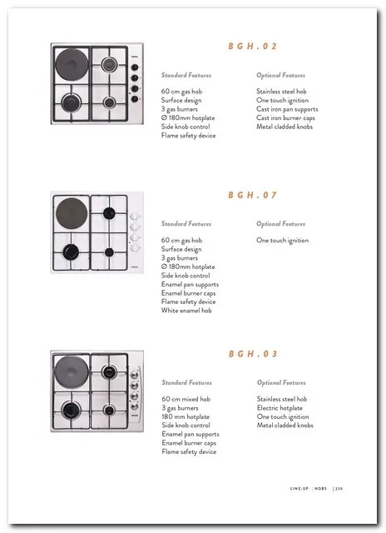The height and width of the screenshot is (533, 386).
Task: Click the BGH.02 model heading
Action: [x=253, y=47]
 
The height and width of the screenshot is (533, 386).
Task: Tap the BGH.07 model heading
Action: [x=253, y=195]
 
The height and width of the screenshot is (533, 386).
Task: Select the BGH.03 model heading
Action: [x=253, y=354]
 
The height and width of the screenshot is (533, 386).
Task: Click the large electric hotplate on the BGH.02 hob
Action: [x=72, y=65]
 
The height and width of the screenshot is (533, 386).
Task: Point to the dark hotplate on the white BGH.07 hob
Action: [x=72, y=213]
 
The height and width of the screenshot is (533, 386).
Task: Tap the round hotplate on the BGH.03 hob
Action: [x=72, y=372]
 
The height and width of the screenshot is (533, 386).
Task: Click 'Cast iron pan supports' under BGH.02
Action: [x=287, y=109]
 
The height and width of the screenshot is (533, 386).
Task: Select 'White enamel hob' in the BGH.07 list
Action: [x=186, y=311]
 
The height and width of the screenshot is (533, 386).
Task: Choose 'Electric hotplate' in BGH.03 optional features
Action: [x=280, y=408]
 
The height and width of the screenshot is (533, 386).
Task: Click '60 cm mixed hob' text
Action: [x=186, y=399]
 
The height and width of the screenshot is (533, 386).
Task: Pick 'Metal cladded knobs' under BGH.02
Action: [x=285, y=127]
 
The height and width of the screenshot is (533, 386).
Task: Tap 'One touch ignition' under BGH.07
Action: [x=283, y=241]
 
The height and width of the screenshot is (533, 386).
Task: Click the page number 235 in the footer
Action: [x=339, y=489]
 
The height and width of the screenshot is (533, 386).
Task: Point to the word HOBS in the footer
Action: [x=320, y=489]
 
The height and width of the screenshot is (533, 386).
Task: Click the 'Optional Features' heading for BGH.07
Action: [x=280, y=224]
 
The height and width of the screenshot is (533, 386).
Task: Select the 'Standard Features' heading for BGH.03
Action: [x=186, y=383]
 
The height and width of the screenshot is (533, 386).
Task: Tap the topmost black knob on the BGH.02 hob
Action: [x=135, y=67]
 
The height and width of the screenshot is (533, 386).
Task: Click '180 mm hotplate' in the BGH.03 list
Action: [x=186, y=416]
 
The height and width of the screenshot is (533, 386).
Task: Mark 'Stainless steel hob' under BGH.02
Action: [x=281, y=92]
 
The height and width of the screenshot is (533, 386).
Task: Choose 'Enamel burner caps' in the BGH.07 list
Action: [x=188, y=293]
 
